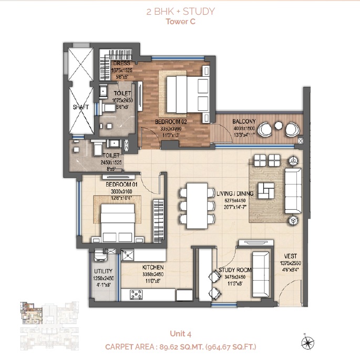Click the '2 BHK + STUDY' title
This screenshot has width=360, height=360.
pos(180,11)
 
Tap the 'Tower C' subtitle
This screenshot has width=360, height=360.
pos(180,22)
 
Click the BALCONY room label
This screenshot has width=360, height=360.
pos(243,121)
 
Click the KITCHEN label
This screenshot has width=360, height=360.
pos(153,267)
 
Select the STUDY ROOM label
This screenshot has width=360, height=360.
pos(235,270)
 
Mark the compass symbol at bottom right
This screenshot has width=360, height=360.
pos(305,343)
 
